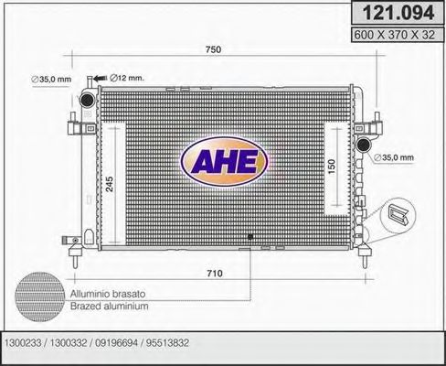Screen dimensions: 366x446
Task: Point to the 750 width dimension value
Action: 214,48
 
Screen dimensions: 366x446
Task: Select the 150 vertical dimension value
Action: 333,167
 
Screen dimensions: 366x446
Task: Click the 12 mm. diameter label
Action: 128,77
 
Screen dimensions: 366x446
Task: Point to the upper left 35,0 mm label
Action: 53,80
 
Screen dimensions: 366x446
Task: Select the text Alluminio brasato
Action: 107,293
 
